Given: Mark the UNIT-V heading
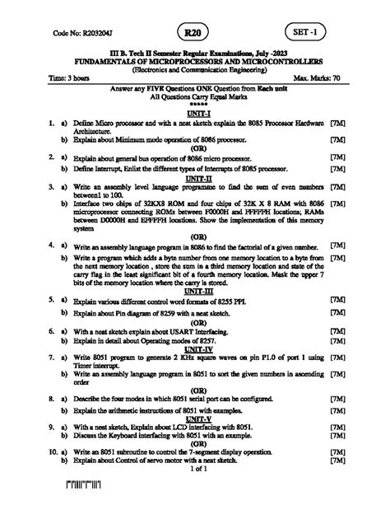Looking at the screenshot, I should tap(196, 418).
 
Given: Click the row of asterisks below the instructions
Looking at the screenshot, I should tap(196, 105).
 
